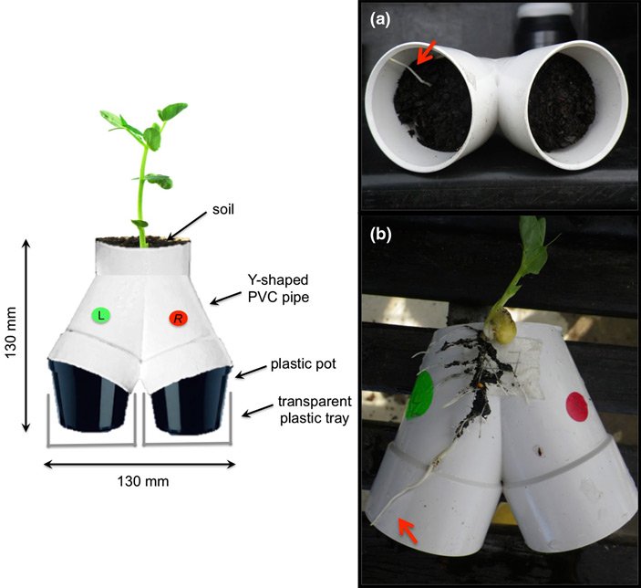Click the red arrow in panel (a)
click(425, 53)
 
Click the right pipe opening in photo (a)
click(561, 102)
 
